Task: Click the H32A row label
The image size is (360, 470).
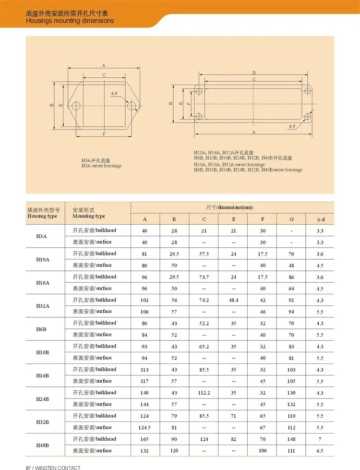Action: click(43, 306)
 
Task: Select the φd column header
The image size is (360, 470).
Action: click(321, 219)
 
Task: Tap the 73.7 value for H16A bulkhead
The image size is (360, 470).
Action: click(204, 277)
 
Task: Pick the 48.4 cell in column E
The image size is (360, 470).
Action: click(233, 300)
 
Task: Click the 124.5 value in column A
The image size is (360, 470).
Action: click(144, 428)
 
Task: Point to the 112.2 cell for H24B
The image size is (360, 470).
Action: click(204, 393)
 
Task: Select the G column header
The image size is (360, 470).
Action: click(292, 219)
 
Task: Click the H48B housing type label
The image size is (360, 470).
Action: click(43, 445)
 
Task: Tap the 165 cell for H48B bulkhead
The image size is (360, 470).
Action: click(144, 439)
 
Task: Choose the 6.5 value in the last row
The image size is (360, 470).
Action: click(320, 451)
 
